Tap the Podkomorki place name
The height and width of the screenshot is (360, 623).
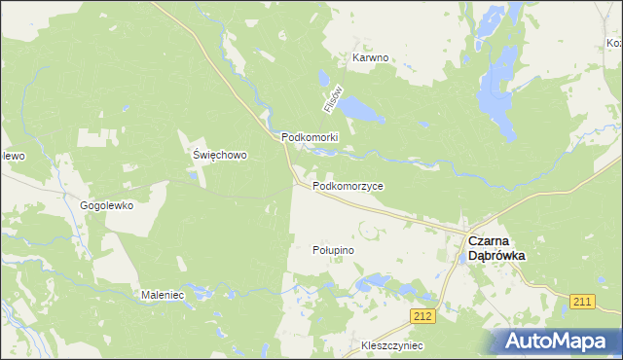pos(310,137)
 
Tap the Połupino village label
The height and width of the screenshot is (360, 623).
pos(333,250)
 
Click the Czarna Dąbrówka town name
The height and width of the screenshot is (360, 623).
pos(496,247)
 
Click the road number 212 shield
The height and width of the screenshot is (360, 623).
pos(421,316)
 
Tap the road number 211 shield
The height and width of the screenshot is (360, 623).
pos(583,302)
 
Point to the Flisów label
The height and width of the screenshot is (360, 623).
pos(329,98)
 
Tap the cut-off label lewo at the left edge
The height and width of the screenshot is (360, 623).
pos(11,156)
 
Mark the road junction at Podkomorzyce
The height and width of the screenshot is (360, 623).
pos(297,183)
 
